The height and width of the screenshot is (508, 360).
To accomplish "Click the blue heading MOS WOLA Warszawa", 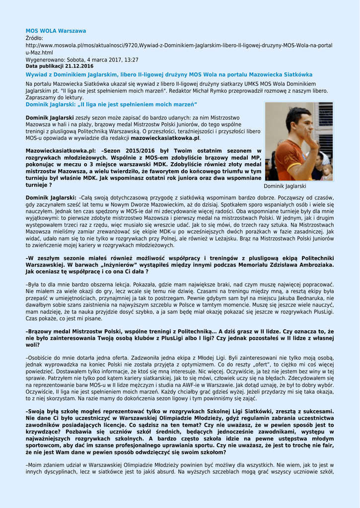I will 56,31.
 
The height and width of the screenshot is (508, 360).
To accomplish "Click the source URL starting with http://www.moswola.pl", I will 179,45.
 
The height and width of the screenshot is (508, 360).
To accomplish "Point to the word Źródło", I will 34,38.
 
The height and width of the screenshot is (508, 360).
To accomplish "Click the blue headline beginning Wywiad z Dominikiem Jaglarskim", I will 169,74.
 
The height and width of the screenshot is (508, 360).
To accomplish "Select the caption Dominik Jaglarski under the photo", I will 285,186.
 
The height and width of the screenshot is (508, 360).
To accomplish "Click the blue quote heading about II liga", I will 111,104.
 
